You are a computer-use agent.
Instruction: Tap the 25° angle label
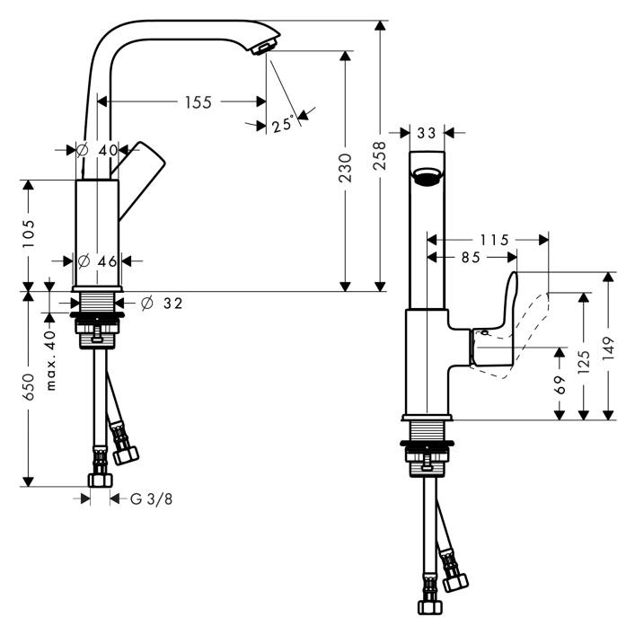pyautogui.click(x=283, y=125)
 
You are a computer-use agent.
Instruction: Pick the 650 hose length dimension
pyautogui.click(x=29, y=386)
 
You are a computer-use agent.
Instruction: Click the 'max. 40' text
pyautogui.click(x=51, y=359)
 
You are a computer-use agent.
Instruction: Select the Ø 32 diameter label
pyautogui.click(x=162, y=304)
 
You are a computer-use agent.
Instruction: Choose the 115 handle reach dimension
pyautogui.click(x=493, y=240)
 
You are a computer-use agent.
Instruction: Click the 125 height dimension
pyautogui.click(x=584, y=361)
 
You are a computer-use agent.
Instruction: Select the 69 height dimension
pyautogui.click(x=559, y=384)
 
